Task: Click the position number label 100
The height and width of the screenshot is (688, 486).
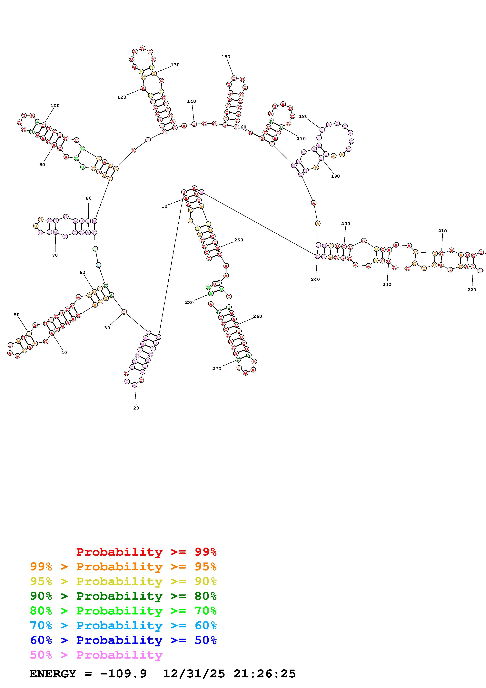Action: click(55, 106)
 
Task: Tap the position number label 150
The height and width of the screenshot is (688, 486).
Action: click(226, 57)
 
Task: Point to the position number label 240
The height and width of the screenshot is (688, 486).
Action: click(315, 279)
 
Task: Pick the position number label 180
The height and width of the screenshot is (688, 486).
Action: click(303, 116)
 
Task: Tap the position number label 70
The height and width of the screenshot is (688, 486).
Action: click(55, 255)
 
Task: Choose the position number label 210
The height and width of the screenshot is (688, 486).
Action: click(442, 231)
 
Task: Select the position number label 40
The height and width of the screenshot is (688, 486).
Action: click(64, 352)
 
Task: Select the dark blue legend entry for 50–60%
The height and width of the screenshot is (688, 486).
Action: click(123, 640)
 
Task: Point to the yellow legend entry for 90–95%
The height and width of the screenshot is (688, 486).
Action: click(123, 581)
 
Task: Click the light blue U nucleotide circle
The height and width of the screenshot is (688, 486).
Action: click(98, 265)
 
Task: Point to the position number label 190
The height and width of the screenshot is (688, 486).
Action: click(335, 176)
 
